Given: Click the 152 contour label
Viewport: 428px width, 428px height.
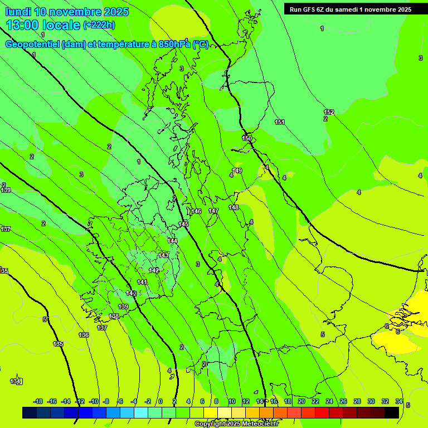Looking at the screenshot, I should coord(329,112).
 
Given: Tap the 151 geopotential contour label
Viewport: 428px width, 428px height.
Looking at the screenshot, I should coord(280,122).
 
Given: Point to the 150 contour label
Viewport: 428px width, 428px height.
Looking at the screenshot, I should coord(247,138).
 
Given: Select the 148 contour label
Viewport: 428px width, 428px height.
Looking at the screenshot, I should coord(234,207).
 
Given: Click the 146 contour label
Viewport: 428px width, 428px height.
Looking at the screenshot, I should coord(196,211).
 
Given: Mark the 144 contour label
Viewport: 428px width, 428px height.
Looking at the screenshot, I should coord(173,241).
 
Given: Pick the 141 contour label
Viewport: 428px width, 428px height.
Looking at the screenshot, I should coord(142,282).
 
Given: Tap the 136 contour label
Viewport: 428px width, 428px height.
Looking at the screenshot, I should coord(84,335).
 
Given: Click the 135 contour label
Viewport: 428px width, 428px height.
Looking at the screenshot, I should coord(58,344).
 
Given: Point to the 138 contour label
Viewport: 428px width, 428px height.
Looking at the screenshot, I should coord(114,316).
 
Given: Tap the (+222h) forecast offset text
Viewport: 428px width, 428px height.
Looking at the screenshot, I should coord(99,25).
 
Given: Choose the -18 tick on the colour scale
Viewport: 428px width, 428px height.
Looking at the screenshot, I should coord(38,401).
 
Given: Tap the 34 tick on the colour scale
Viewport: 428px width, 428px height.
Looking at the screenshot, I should coord(399,401).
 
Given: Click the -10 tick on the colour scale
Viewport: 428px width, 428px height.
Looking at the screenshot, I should coord(94,401).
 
